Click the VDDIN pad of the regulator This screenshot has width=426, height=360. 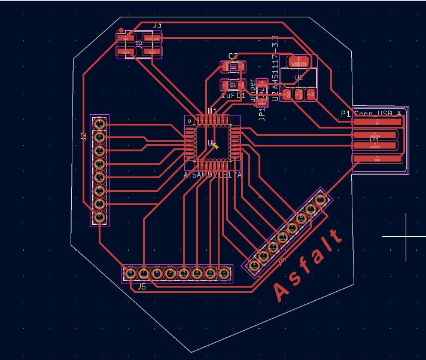[298, 62]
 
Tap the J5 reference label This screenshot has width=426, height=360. [141, 287]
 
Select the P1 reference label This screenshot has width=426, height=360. [346, 113]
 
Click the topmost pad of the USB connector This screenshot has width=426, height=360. [376, 122]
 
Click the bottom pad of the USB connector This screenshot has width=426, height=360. [376, 158]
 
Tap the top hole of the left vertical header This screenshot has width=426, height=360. [100, 124]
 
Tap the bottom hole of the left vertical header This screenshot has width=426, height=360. [100, 217]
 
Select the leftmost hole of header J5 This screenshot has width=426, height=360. [130, 273]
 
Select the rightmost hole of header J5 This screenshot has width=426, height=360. [224, 273]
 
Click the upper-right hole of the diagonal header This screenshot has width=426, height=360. [320, 199]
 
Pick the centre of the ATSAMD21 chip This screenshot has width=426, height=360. [212, 142]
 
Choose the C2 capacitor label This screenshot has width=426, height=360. [233, 57]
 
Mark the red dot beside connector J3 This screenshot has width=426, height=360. [121, 29]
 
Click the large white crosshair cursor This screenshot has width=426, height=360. [406, 236]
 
